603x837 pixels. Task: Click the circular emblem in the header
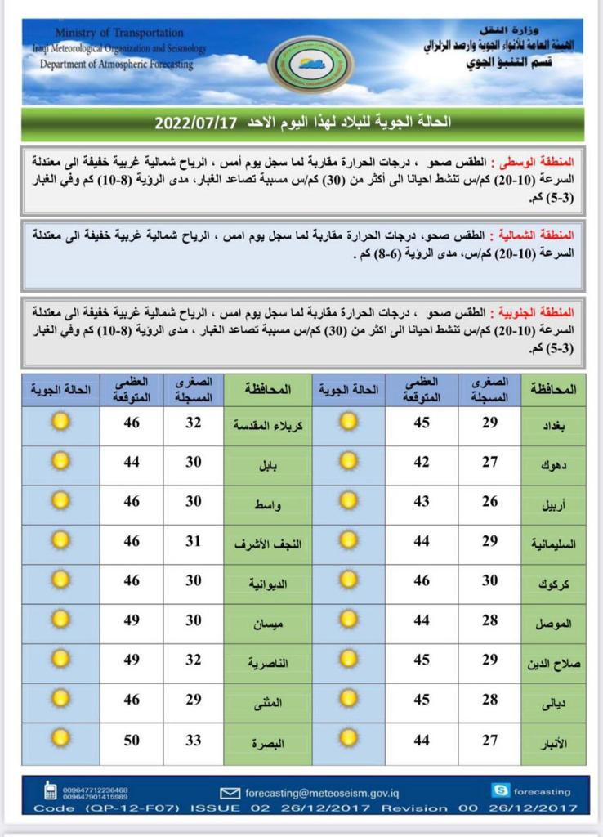click(x=310, y=64)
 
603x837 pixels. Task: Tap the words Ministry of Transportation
click(x=119, y=33)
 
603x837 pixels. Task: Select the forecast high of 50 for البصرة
click(x=131, y=741)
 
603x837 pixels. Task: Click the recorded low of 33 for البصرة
click(x=194, y=741)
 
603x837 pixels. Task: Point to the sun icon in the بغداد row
click(x=349, y=423)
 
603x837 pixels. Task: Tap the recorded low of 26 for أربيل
click(x=489, y=502)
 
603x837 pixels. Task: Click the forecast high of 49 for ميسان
click(x=131, y=620)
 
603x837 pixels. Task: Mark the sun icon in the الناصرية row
click(x=60, y=659)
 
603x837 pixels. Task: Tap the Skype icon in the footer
click(x=500, y=790)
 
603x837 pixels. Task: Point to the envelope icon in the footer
click(x=230, y=792)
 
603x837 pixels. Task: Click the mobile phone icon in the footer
click(x=51, y=792)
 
